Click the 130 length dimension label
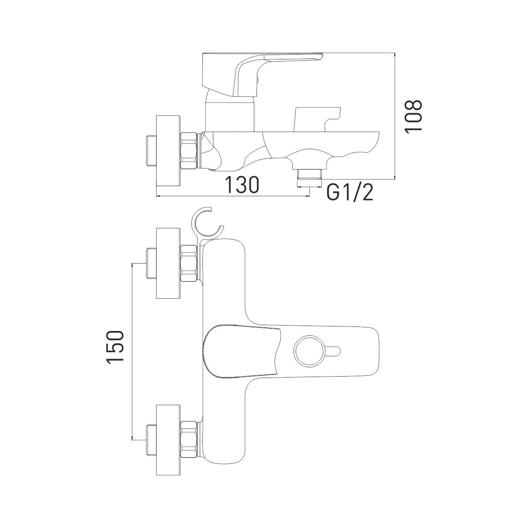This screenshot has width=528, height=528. click(242, 185)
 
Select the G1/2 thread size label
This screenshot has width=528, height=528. click(349, 193)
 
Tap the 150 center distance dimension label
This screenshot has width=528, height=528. click(115, 347)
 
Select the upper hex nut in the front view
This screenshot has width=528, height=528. click(189, 263)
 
